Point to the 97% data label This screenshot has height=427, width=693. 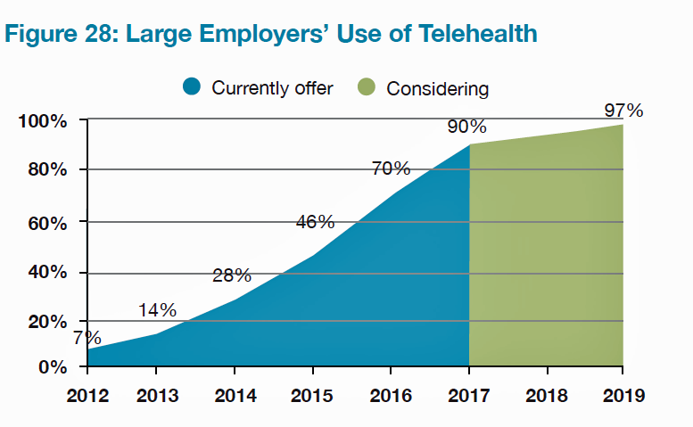pyautogui.click(x=623, y=111)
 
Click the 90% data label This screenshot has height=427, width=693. pyautogui.click(x=466, y=127)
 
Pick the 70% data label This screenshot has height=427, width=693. pyautogui.click(x=391, y=168)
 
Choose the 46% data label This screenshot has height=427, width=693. pyautogui.click(x=315, y=222)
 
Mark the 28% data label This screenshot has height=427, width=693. pyautogui.click(x=232, y=275)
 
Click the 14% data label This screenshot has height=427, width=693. pyautogui.click(x=157, y=310)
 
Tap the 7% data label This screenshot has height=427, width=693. pyautogui.click(x=87, y=338)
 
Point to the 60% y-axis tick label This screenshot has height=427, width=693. pyautogui.click(x=46, y=223)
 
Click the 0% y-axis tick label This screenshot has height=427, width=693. pyautogui.click(x=52, y=367)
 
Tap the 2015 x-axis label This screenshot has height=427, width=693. pyautogui.click(x=312, y=395)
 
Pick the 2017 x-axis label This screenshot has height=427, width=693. pyautogui.click(x=468, y=395)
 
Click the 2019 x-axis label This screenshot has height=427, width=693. pyautogui.click(x=622, y=395)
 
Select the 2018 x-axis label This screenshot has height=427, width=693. pyautogui.click(x=546, y=395)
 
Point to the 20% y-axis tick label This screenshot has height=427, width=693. pyautogui.click(x=46, y=322)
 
